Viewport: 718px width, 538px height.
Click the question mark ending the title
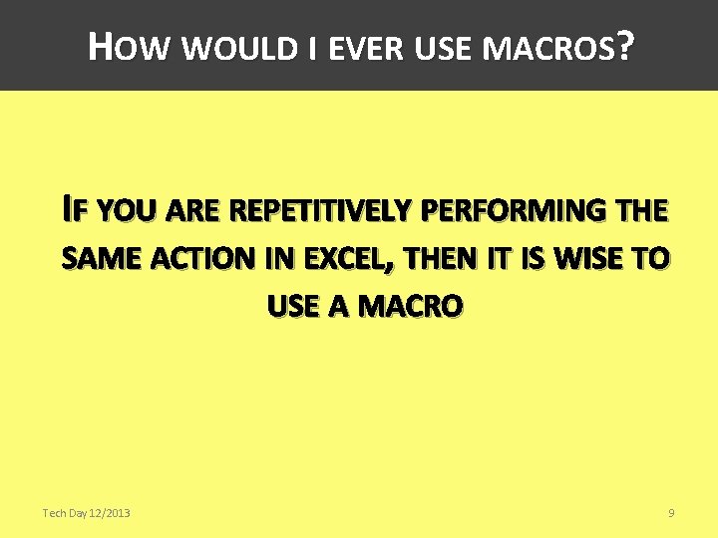pos(624,46)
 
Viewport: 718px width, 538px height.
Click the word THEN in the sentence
pos(439,260)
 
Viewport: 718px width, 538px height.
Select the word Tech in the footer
pos(54,513)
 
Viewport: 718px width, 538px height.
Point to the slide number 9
pos(671,513)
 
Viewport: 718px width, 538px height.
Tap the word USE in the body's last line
pos(292,308)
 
